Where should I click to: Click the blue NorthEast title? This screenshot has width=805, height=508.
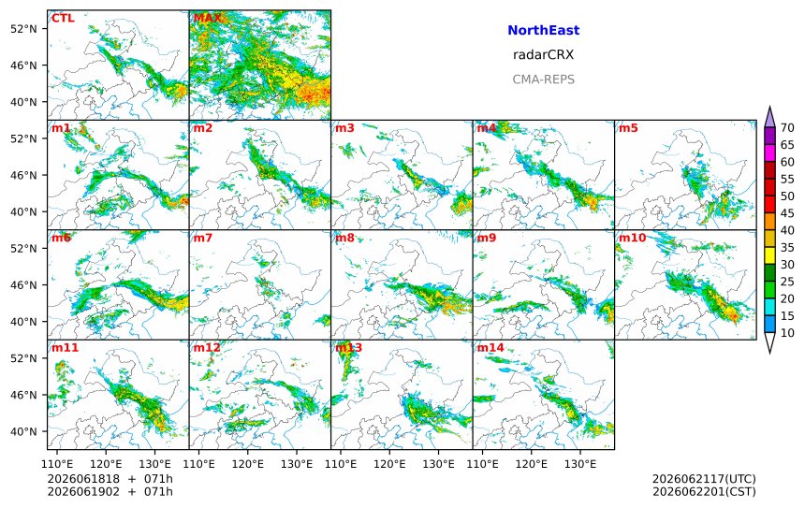[543, 30]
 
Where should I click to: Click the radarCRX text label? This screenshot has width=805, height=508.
[543, 55]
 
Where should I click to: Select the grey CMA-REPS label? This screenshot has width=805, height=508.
[543, 80]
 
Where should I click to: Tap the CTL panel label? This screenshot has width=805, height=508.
[63, 18]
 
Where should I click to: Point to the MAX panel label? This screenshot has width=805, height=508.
[208, 18]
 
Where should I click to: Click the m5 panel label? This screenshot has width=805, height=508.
[627, 128]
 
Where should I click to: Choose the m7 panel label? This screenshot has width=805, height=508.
[202, 238]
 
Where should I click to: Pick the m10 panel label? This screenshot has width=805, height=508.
[632, 238]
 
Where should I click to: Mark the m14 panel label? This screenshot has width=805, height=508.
[490, 347]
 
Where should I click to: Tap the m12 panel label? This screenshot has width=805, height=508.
[206, 347]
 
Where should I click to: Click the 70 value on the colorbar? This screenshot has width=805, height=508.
[787, 128]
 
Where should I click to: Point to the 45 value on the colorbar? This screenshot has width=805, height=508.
[787, 213]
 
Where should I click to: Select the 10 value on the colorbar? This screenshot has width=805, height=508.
[787, 333]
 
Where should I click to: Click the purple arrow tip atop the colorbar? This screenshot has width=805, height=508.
[769, 107]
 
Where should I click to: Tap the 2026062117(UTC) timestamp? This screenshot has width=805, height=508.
[704, 479]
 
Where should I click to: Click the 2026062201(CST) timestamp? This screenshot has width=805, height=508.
[704, 491]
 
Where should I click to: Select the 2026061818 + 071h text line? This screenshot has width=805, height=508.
[110, 479]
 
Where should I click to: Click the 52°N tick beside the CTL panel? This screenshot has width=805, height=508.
[23, 29]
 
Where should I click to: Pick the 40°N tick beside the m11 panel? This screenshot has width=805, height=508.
[23, 431]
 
